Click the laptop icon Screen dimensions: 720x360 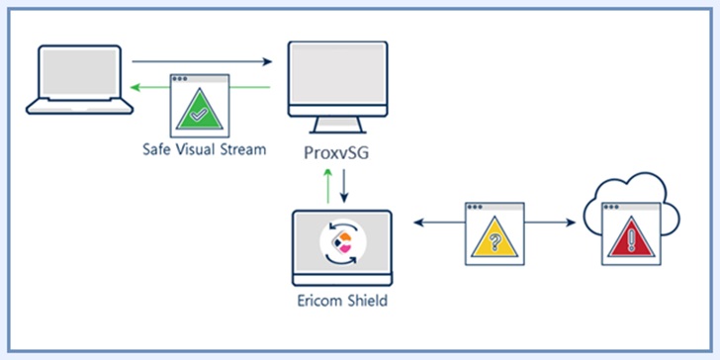point(79,79)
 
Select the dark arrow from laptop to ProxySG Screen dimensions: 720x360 point(202,61)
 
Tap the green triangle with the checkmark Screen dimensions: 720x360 point(200,110)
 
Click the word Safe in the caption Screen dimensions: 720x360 point(154,149)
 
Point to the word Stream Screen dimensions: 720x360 point(241,149)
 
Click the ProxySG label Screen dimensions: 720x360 point(336,153)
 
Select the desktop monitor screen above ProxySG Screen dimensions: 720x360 point(338,73)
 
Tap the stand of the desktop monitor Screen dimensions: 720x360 point(337,125)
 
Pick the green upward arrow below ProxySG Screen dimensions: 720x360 point(328,186)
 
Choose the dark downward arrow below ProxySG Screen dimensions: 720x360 point(344,186)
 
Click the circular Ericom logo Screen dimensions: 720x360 point(343,243)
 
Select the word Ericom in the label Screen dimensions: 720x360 point(317,301)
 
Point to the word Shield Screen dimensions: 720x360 point(366,301)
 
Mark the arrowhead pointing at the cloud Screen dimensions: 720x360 point(571,223)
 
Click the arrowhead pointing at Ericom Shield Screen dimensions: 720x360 point(418,223)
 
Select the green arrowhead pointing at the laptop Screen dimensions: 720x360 point(135,87)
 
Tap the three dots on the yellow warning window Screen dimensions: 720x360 point(475,207)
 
